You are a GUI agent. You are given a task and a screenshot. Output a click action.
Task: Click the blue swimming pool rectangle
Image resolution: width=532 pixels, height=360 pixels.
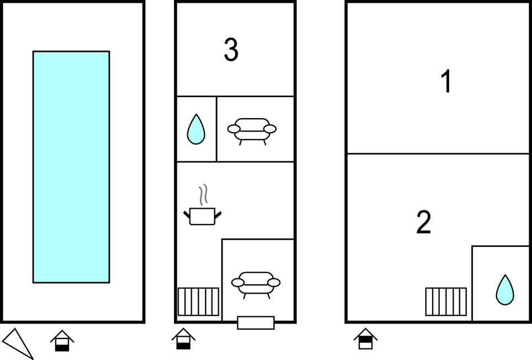(71, 167)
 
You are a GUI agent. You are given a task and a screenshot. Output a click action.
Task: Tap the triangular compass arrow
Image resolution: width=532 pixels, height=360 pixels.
(19, 342)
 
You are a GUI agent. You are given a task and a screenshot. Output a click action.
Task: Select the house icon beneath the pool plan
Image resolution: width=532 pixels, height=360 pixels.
(62, 341)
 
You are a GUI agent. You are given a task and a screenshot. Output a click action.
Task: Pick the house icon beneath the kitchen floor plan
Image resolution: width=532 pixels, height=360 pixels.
(183, 338)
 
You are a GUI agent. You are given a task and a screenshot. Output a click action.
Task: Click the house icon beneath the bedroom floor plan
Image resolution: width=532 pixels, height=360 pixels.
(365, 338)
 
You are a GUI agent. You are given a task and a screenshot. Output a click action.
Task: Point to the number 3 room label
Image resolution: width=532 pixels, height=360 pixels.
(231, 50)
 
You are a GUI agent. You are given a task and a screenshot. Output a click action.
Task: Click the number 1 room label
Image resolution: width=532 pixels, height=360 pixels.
(446, 81)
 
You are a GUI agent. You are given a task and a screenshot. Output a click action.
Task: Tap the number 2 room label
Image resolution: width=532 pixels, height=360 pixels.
(424, 222)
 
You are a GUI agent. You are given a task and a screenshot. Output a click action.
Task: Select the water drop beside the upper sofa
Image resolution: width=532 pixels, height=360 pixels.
(196, 129)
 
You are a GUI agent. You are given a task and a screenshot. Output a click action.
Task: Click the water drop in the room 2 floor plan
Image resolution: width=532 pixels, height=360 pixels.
(505, 290)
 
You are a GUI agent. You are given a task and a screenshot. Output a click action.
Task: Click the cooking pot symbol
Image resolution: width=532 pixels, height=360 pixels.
(202, 216)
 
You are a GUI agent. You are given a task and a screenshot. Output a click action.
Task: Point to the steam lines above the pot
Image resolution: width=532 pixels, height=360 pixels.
(203, 195)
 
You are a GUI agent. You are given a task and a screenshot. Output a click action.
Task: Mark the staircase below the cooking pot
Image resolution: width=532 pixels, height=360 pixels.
(198, 301)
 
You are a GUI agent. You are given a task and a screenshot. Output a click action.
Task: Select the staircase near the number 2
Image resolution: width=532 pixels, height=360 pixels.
(446, 301)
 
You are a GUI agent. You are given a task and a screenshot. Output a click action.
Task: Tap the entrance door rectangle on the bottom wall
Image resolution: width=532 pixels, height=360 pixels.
(256, 322)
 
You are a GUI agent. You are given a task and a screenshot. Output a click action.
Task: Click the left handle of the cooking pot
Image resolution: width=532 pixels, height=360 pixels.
(187, 215)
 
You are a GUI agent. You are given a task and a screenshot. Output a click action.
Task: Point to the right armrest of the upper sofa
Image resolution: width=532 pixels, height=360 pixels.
(270, 129)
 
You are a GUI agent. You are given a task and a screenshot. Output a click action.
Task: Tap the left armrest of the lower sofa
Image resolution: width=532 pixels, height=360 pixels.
(238, 282)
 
